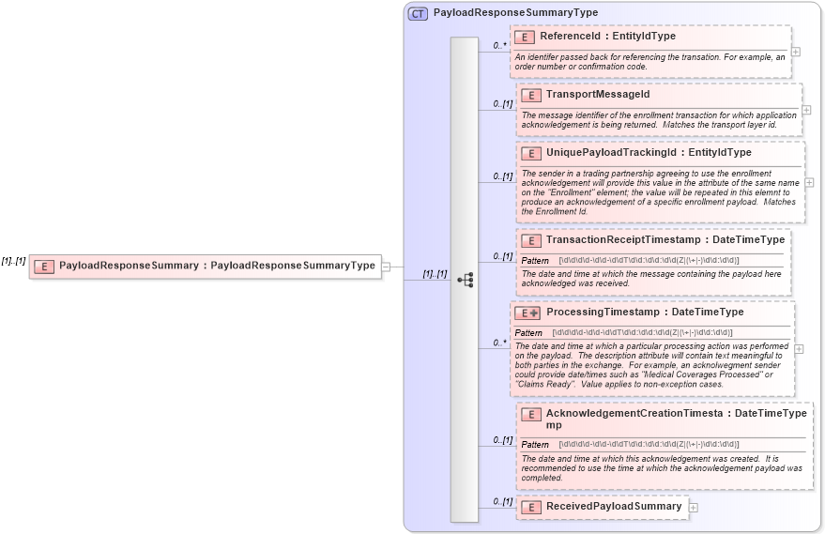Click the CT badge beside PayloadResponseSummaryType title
pos(418,13)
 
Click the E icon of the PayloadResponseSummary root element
pos(43,266)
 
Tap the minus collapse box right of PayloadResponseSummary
pos(386,266)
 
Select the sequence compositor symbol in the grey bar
pos(465,279)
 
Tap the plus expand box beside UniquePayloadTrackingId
pos(809,182)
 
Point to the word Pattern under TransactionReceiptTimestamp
pos(535,260)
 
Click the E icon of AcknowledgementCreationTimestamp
pos(531,414)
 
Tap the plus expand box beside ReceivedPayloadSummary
pos(694,507)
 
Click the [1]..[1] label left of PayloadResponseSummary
pos(13,260)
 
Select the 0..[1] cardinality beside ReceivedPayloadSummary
pos(503,502)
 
